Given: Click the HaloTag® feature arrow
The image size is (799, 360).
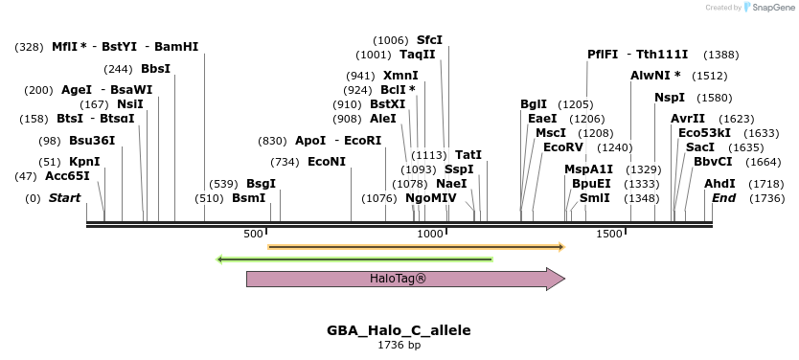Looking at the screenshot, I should point(402,279).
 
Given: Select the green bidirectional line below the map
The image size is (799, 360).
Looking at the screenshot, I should point(354,259).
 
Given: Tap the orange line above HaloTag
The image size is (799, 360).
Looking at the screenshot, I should point(416,247).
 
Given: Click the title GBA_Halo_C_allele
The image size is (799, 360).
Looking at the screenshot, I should point(399,330).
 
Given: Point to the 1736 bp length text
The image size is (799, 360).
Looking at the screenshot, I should point(399,345).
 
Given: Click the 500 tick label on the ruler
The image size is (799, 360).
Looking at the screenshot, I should point(253,234).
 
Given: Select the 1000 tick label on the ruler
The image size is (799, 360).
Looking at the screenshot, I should point(431,234).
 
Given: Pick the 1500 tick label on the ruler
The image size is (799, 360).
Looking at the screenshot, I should point(609,234).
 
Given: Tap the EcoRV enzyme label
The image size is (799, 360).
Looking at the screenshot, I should point(562,147).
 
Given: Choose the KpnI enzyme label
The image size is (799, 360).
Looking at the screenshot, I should point(84,162).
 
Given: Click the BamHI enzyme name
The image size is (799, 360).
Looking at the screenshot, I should point(176,46).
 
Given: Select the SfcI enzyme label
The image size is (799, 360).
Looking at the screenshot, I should point(429,40).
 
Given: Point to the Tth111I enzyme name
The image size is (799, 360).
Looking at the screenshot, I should point(663,55).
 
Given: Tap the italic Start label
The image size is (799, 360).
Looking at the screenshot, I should point(64,197).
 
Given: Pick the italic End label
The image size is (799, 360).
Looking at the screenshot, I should point(723,197).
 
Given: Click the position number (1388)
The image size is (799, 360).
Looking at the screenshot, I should point(720,55).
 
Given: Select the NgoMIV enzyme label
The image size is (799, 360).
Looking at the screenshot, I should point(430,197).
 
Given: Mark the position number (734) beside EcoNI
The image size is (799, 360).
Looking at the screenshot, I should point(285,162).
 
